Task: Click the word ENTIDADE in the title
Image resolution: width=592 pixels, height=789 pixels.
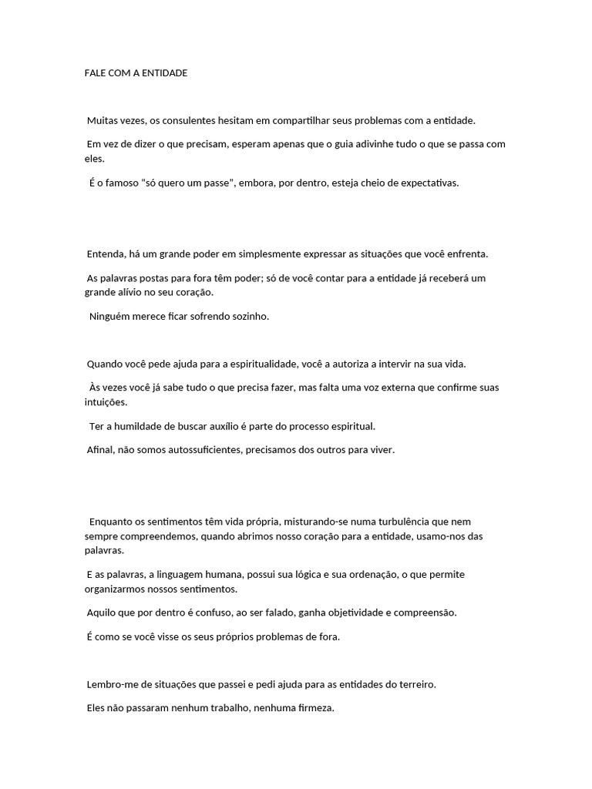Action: point(161,73)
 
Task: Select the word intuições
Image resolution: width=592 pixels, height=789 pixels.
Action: point(106,402)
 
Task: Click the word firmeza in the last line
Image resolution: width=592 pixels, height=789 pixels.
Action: point(313,708)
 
